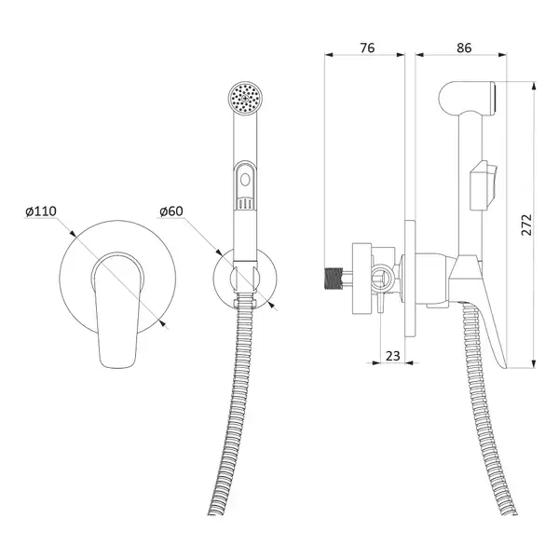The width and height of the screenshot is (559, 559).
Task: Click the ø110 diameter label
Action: click(x=41, y=211)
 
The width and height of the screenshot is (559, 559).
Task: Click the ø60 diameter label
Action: click(x=171, y=211)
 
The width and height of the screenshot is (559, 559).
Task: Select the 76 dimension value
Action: click(x=367, y=48)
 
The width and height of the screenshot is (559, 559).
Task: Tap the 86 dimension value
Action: click(x=464, y=48)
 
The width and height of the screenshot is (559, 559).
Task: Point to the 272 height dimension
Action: click(x=526, y=225)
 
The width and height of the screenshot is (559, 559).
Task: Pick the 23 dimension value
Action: click(x=393, y=356)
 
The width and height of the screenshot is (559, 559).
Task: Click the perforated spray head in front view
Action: click(x=245, y=98)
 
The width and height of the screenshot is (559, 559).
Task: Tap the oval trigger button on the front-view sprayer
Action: click(x=245, y=179)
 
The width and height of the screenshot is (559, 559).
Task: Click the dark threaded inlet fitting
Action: click(x=333, y=278)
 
